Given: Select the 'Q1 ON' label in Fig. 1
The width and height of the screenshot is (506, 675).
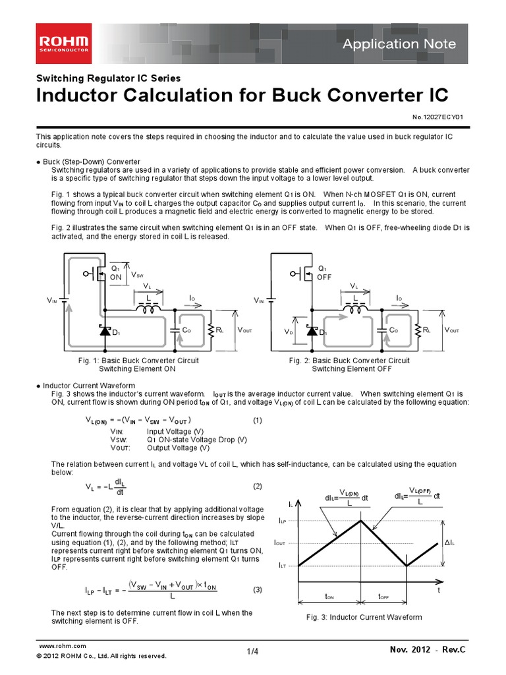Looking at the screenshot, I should click(116, 273).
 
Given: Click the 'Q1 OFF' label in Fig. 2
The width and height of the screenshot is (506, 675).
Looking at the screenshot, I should click(323, 273).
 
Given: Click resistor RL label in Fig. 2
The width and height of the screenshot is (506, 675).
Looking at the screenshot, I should click(427, 330).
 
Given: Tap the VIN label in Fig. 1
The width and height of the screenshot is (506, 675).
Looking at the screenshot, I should click(52, 300).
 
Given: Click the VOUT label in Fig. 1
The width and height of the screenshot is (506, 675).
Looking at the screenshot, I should click(244, 330).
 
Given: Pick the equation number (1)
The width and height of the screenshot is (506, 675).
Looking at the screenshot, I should click(258, 420).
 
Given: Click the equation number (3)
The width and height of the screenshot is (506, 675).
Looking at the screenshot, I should click(258, 589).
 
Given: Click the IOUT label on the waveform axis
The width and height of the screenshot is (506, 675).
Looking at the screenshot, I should click(280, 543).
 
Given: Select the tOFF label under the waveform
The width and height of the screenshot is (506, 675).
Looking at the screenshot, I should click(383, 596).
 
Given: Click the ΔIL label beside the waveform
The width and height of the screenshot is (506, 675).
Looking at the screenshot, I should click(451, 543).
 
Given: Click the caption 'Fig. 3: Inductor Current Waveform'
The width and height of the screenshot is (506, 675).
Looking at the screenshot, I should click(364, 617).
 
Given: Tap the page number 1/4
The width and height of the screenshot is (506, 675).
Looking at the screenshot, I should click(253, 652).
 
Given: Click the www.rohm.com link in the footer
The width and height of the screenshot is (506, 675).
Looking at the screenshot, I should click(63, 646).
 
